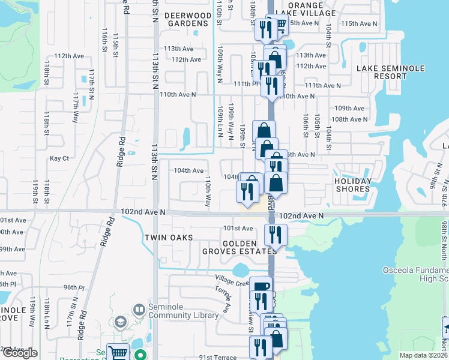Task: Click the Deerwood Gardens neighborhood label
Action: click(x=188, y=19)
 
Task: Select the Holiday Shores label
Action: click(x=352, y=185)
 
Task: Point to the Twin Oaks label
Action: click(x=169, y=238)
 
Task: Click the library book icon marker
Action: click(x=139, y=310)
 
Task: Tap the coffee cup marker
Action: click(x=261, y=287)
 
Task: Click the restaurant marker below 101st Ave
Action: click(x=276, y=235)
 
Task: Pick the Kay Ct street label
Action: click(x=59, y=158)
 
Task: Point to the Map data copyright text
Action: click(x=424, y=356)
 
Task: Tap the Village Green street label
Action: click(x=233, y=280)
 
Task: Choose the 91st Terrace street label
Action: click(x=218, y=357)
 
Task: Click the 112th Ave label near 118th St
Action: click(x=69, y=56)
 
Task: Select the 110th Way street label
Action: click(x=208, y=191)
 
